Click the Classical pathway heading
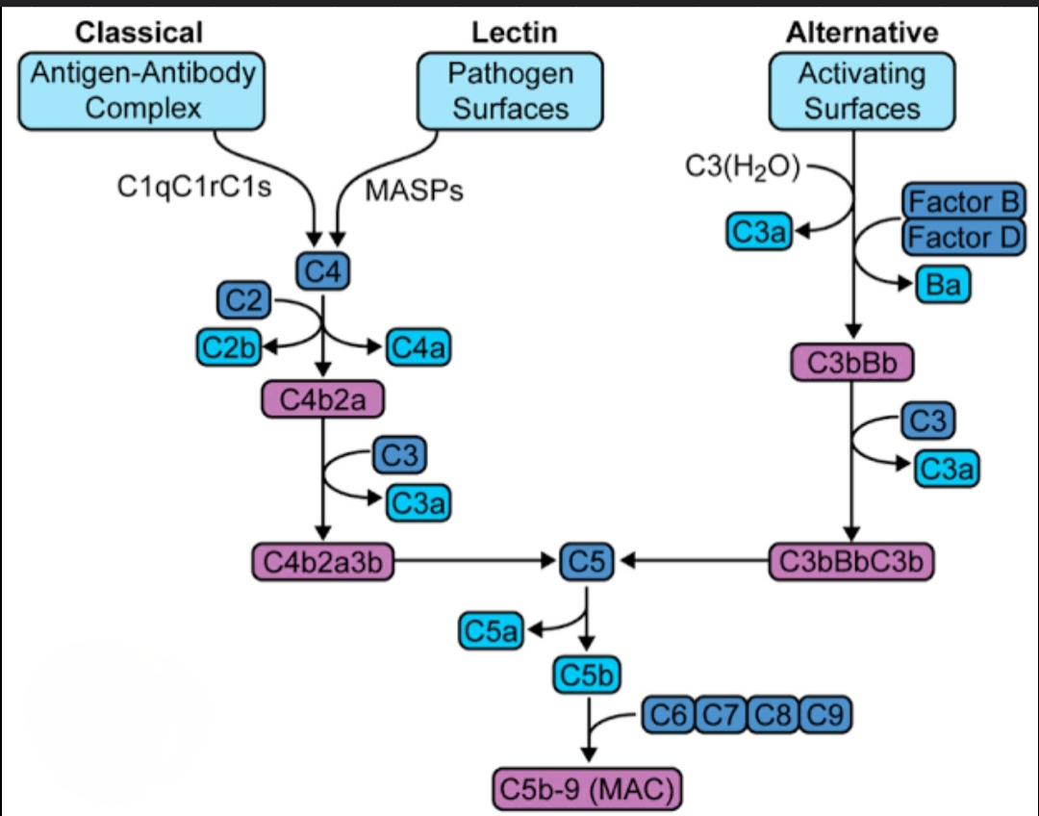pos(139,33)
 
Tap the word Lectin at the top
pos(514,33)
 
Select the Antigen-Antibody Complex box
pos(142,90)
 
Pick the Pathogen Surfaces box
pos(510,90)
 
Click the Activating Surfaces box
pos(862,90)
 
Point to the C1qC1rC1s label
pos(193,187)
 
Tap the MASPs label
pos(415,191)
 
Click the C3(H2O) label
pos(743,166)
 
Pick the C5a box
pos(490,630)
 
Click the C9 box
pos(824,715)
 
